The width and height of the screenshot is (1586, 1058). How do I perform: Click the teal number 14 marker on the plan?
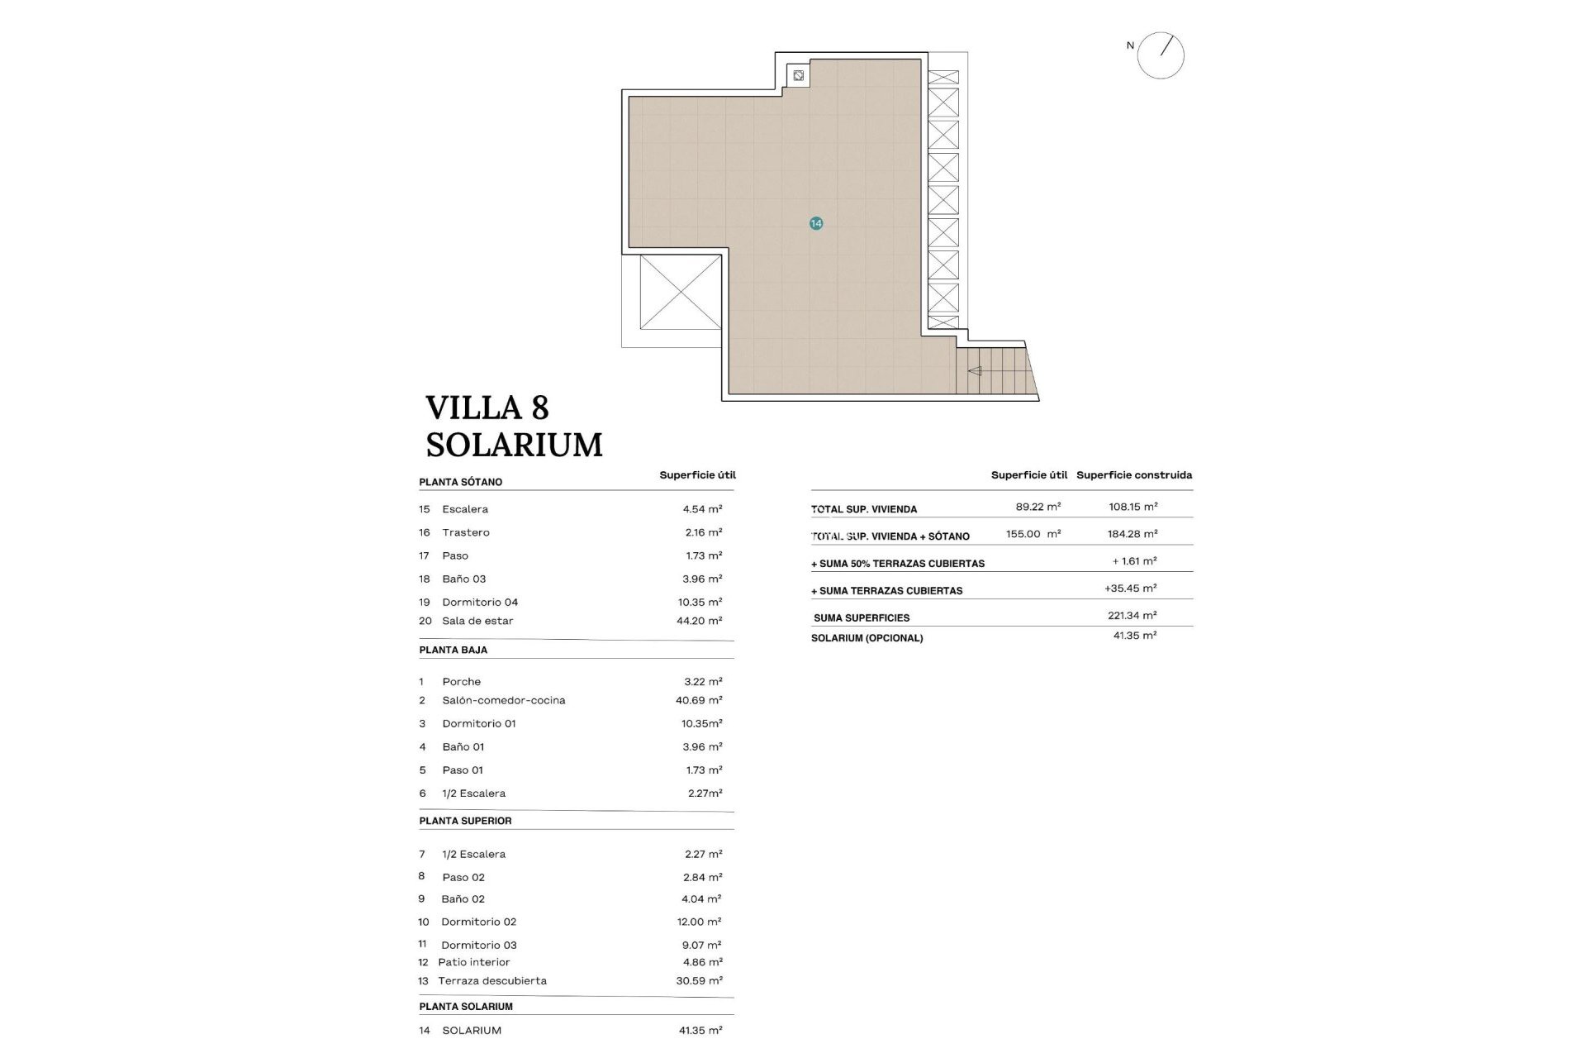[x=816, y=223]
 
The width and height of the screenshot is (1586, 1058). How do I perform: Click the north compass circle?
[x=1161, y=55]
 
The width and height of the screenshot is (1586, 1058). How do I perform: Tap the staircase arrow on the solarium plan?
[x=975, y=371]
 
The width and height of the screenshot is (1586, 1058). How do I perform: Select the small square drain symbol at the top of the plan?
[x=798, y=76]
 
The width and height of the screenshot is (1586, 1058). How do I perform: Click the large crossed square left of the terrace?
[x=680, y=292]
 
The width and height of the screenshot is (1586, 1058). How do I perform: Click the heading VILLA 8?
[x=487, y=408]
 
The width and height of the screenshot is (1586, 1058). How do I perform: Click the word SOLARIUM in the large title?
[x=514, y=445]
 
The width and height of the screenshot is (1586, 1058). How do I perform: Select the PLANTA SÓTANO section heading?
[x=460, y=482]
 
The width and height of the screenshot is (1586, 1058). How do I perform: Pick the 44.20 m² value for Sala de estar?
[x=699, y=621]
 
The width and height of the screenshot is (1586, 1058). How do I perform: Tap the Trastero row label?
[x=465, y=532]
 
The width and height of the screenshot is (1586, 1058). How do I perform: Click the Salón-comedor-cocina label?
[x=503, y=700]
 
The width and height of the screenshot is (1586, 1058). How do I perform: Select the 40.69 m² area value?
[x=699, y=700]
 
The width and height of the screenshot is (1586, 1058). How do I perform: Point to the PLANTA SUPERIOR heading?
[x=465, y=821]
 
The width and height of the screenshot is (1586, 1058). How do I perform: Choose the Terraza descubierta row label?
[x=491, y=981]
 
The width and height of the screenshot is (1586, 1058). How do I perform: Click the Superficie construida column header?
[x=1133, y=475]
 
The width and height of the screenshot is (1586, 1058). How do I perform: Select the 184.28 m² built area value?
[x=1132, y=534]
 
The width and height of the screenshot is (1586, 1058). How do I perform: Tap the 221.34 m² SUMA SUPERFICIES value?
[x=1132, y=615]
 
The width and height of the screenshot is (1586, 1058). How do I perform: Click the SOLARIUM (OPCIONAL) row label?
[x=867, y=638]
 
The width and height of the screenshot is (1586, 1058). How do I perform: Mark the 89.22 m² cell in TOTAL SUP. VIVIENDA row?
[x=1038, y=507]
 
